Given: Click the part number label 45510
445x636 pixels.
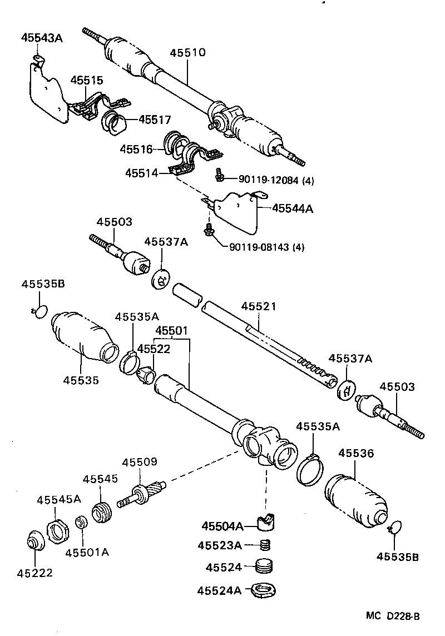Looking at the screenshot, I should click(187, 53).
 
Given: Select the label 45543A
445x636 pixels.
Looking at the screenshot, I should click(42, 38).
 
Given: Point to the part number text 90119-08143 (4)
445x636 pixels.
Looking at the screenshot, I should click(266, 246).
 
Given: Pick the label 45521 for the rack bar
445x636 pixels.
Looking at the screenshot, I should click(259, 307).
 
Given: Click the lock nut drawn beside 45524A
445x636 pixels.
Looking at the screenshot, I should click(264, 589).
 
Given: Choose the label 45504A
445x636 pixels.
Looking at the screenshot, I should click(222, 526).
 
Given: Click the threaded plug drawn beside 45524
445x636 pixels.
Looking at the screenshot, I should click(265, 567).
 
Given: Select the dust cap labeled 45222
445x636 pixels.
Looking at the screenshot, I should click(37, 541).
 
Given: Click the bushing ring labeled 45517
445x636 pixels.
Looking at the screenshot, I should click(115, 122).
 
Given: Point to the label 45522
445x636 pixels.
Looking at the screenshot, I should click(154, 349).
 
